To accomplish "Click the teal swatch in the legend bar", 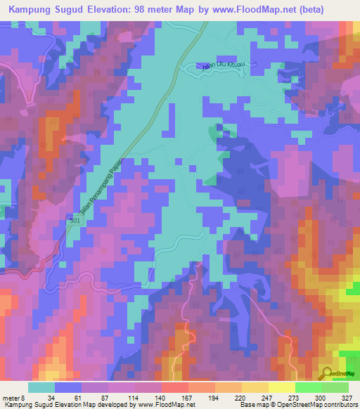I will coord(41,387).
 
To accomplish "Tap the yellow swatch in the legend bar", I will coord(281,387).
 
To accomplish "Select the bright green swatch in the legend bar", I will coord(308,387).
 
